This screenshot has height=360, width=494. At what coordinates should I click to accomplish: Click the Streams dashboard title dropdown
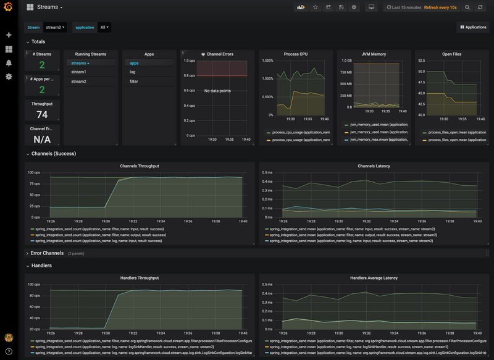(49, 7)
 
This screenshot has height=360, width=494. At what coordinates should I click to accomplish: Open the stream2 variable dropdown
(56, 28)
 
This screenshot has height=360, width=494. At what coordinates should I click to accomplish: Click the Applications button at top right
(473, 28)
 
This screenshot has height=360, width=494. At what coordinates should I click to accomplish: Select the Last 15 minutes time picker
(404, 7)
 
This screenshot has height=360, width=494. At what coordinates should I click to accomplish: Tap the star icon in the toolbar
(315, 7)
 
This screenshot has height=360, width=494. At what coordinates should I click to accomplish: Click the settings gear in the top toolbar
(354, 7)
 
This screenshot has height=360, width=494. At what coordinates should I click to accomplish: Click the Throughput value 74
(42, 115)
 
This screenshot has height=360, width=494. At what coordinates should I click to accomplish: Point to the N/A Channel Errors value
(42, 140)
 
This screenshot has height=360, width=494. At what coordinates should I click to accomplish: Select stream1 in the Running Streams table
(78, 72)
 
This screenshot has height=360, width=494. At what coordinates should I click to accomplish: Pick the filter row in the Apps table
(133, 82)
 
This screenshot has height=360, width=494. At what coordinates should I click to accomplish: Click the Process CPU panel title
(296, 54)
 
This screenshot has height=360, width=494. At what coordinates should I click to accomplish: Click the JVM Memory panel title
(374, 54)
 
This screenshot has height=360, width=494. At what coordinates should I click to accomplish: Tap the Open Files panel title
(451, 54)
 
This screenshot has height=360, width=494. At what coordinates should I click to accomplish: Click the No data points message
(217, 91)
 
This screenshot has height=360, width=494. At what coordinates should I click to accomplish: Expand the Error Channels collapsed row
(47, 253)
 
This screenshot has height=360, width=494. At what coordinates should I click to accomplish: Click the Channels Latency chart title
(374, 166)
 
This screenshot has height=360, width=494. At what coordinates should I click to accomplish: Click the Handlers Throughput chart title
(140, 278)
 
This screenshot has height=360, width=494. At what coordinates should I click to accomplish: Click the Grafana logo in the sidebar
(9, 7)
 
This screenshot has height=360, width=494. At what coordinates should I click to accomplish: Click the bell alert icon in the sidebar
(9, 63)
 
